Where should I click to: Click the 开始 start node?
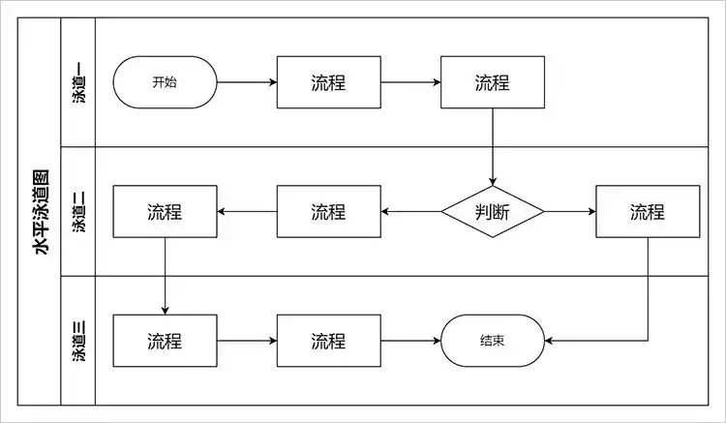(165, 82)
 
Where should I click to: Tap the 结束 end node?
(492, 341)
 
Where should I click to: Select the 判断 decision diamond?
(493, 212)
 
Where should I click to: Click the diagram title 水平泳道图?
(41, 212)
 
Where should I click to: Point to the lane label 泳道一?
(78, 82)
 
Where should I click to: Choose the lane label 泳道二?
(78, 212)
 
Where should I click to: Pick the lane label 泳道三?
(78, 341)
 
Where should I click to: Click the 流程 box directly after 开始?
(328, 82)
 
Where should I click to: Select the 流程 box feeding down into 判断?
(492, 82)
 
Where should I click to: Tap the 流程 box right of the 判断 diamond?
(648, 212)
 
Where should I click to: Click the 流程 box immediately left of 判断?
(328, 212)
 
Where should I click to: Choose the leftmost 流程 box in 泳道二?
(165, 212)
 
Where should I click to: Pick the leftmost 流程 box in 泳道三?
(165, 341)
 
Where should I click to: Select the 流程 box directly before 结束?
(328, 341)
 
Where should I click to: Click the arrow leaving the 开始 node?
(246, 82)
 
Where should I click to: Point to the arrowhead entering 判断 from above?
(493, 181)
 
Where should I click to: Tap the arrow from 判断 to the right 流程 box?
(570, 212)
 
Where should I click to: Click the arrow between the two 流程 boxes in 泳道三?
(246, 341)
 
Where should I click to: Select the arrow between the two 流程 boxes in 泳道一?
(409, 82)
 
